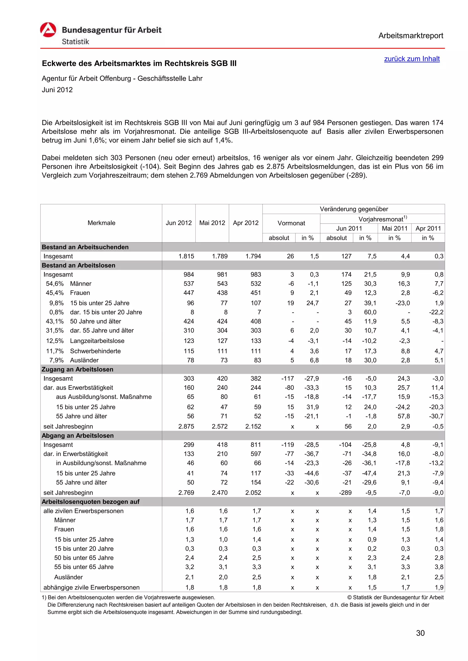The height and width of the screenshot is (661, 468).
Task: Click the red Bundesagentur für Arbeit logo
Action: [48, 30]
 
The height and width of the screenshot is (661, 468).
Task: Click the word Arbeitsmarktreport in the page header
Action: [410, 36]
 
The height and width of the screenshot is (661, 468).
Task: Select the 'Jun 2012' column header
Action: [178, 223]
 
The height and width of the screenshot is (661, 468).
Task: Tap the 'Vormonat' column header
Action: [291, 223]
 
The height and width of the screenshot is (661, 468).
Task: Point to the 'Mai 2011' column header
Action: [394, 228]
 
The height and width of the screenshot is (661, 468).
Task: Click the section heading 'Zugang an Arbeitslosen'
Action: [77, 369]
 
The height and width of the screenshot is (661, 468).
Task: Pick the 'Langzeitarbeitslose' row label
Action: [97, 341]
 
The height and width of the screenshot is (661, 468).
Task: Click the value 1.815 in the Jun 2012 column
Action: [186, 256]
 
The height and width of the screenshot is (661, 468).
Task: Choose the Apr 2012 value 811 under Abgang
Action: [255, 445]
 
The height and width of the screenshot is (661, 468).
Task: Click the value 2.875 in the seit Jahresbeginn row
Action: [186, 426]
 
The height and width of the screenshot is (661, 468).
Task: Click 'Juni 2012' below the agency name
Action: [57, 90]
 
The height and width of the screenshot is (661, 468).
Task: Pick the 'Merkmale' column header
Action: [101, 223]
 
